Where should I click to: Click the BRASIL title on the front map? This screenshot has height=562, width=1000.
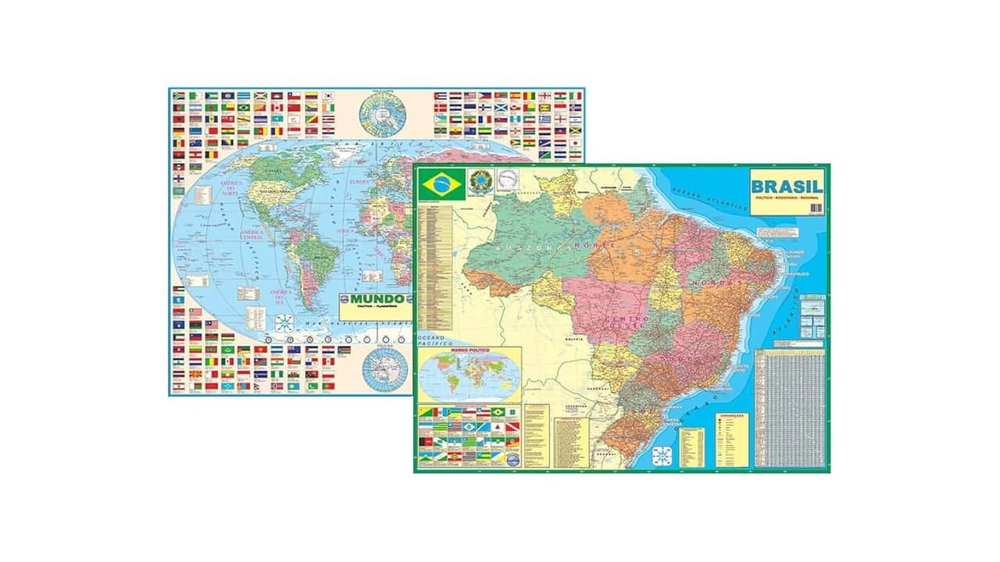tap(786, 187)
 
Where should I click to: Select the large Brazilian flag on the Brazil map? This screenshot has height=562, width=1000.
tap(441, 184)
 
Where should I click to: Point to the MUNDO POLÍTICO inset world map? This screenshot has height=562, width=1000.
tap(470, 375)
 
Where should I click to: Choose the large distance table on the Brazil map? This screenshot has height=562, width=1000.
tap(790, 407)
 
